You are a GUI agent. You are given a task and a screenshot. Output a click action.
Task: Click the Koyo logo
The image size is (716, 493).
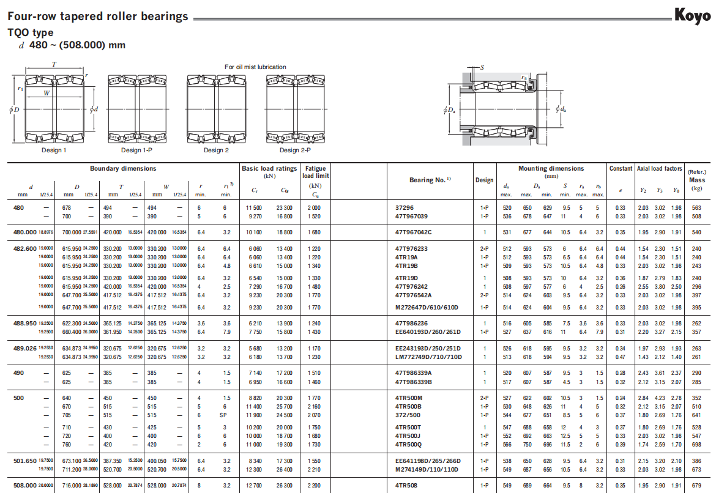pos(692,16)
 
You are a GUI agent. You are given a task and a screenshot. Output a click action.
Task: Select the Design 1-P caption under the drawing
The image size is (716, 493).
pos(136,150)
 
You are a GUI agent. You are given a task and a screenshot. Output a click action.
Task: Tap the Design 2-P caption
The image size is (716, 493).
pos(295,150)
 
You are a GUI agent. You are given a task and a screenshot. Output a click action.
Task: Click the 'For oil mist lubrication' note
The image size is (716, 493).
pos(255,67)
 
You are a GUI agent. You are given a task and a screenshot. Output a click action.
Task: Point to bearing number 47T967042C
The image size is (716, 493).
pos(413,232)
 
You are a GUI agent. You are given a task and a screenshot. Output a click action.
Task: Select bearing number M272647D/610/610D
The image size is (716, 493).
pos(427,308)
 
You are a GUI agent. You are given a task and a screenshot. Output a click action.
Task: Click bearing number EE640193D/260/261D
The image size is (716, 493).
pos(428,332)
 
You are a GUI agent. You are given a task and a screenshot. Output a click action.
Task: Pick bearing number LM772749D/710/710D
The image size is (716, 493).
pos(428,357)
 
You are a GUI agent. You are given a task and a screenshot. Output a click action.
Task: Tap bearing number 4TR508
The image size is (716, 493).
pos(406,485)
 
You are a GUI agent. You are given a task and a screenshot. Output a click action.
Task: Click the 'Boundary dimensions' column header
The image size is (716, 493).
pos(123,168)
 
